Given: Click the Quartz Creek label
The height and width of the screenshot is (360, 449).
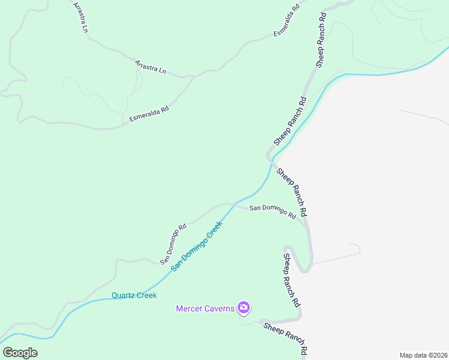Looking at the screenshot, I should pyautogui.click(x=134, y=295).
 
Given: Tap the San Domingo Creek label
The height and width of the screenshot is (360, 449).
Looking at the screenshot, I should pyautogui.click(x=196, y=246).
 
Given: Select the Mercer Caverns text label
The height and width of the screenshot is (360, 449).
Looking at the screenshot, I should pyautogui.click(x=205, y=308).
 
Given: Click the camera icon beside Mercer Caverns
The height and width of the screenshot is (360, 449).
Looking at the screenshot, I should pyautogui.click(x=243, y=308).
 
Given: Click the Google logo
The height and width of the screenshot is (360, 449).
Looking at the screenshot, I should pyautogui.click(x=20, y=352).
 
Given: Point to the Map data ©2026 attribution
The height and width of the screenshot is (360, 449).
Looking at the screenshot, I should pyautogui.click(x=423, y=355).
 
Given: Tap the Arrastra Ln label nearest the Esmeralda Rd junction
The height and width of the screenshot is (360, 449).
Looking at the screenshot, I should pyautogui.click(x=150, y=66).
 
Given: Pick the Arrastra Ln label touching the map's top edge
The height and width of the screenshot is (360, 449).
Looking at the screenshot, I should pyautogui.click(x=80, y=16).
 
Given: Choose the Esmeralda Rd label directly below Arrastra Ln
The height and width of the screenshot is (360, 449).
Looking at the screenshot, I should pyautogui.click(x=149, y=115).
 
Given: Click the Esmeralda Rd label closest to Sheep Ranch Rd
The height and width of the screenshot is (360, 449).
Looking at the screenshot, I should pyautogui.click(x=287, y=22).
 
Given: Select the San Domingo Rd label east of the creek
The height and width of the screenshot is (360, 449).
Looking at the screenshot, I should pyautogui.click(x=273, y=211).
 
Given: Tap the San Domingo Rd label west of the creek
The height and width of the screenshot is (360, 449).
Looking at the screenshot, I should pyautogui.click(x=173, y=244).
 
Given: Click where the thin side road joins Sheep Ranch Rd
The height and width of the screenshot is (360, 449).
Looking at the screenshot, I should pyautogui.click(x=312, y=263).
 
